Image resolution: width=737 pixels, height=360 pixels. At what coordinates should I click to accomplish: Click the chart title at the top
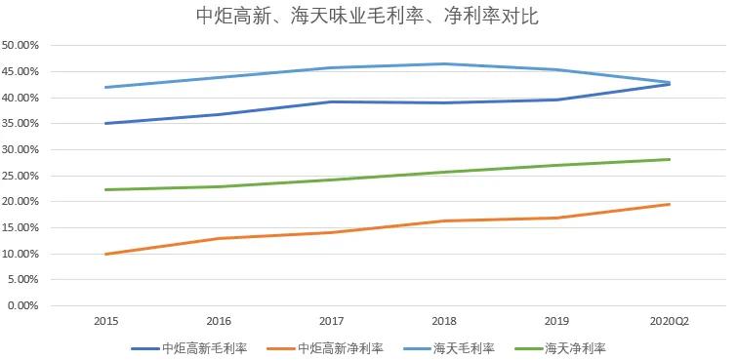pyautogui.click(x=367, y=17)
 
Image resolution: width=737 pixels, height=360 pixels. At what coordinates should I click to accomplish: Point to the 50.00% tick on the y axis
pyautogui.click(x=20, y=46)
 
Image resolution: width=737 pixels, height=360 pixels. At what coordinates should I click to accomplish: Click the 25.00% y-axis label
pyautogui.click(x=20, y=176)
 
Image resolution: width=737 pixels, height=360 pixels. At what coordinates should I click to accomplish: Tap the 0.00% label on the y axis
pyautogui.click(x=22, y=305)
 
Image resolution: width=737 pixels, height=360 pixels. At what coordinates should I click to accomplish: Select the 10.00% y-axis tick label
pyautogui.click(x=20, y=254)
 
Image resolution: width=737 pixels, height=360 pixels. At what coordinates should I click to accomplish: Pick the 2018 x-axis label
pyautogui.click(x=444, y=320)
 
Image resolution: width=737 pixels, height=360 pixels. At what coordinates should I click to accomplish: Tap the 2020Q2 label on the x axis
pyautogui.click(x=670, y=320)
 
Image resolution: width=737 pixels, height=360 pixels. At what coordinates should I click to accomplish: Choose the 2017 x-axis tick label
pyautogui.click(x=332, y=320)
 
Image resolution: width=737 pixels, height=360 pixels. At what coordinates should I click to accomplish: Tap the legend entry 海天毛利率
pyautogui.click(x=464, y=347)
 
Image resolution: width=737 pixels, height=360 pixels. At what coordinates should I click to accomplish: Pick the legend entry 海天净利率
pyautogui.click(x=574, y=347)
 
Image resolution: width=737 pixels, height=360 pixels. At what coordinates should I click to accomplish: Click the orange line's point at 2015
pyautogui.click(x=105, y=254)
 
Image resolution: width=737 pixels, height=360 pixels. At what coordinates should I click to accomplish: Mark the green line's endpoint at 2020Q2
pyautogui.click(x=670, y=159)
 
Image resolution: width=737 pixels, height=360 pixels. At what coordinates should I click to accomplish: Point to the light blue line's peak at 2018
pyautogui.click(x=444, y=64)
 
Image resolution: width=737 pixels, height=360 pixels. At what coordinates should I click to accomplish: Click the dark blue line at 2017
pyautogui.click(x=332, y=101)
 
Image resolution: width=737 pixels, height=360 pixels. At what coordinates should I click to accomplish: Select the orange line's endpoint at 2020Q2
pyautogui.click(x=670, y=204)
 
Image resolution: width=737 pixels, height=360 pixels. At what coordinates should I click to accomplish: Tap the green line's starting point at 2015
pyautogui.click(x=105, y=189)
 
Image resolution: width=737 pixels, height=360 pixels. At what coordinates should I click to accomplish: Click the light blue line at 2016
pyautogui.click(x=219, y=77)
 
